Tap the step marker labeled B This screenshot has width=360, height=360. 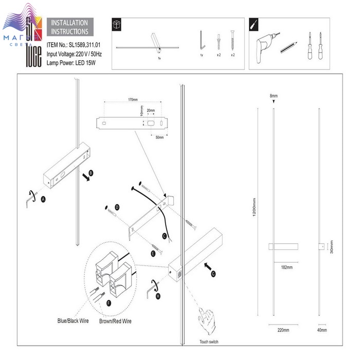91,173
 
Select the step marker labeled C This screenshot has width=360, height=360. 164,237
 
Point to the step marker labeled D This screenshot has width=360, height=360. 117,207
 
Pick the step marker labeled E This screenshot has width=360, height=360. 153,254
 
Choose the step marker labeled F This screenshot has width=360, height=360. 109,303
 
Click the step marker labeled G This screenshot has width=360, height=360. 213,274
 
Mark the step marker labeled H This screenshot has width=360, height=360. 158,296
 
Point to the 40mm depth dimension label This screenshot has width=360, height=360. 322,330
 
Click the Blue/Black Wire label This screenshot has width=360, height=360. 73,321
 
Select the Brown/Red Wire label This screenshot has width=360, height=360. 116,321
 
